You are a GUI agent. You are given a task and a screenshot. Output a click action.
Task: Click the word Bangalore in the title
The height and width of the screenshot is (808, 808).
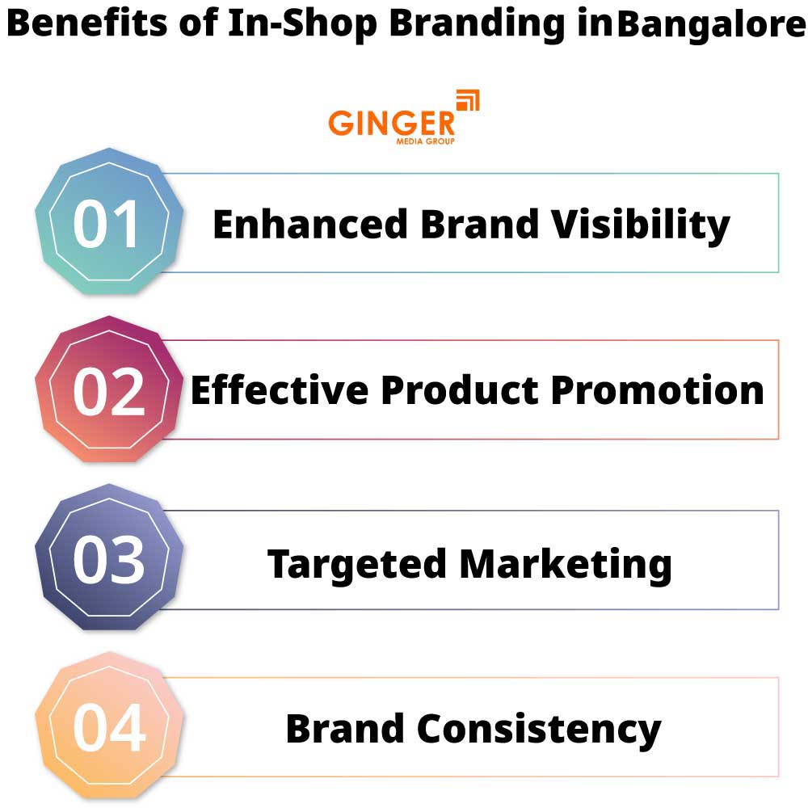pyautogui.click(x=711, y=27)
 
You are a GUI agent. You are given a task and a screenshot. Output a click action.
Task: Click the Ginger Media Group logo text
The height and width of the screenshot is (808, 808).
pyautogui.click(x=391, y=125)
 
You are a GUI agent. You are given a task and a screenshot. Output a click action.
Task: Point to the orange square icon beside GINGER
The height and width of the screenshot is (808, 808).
pyautogui.click(x=468, y=101)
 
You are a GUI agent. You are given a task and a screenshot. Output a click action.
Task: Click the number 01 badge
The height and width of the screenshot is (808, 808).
pyautogui.click(x=108, y=223)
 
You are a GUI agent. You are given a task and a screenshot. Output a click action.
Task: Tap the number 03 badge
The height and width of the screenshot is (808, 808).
pyautogui.click(x=108, y=560)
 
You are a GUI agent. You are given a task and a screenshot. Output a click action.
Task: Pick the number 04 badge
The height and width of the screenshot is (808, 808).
pyautogui.click(x=108, y=727)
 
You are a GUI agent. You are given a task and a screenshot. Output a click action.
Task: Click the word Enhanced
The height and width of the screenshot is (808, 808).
pyautogui.click(x=310, y=225)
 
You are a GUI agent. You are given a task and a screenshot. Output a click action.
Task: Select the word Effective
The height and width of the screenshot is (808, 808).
pyautogui.click(x=280, y=391)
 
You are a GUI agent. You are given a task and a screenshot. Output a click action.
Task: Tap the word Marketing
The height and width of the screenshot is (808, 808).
pyautogui.click(x=566, y=563)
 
